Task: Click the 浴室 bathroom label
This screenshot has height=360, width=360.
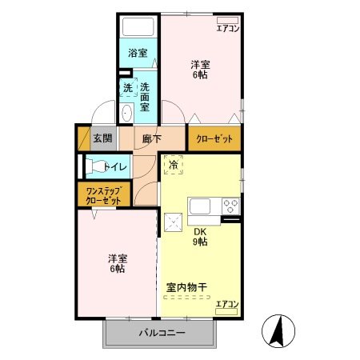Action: (x=138, y=54)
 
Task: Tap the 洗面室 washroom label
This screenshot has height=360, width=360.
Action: (x=146, y=95)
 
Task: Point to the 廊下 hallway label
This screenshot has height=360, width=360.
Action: (x=152, y=138)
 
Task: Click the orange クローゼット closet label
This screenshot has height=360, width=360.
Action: (x=214, y=138)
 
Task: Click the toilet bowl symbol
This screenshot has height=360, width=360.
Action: (x=94, y=167)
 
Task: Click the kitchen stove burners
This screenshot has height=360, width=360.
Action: (x=231, y=206)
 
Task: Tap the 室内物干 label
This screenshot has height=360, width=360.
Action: (x=187, y=286)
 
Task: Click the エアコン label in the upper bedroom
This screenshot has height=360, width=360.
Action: (x=228, y=28)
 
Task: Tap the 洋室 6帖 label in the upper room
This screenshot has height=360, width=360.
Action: (x=201, y=70)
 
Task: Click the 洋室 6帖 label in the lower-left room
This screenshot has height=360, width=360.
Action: (x=118, y=264)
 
